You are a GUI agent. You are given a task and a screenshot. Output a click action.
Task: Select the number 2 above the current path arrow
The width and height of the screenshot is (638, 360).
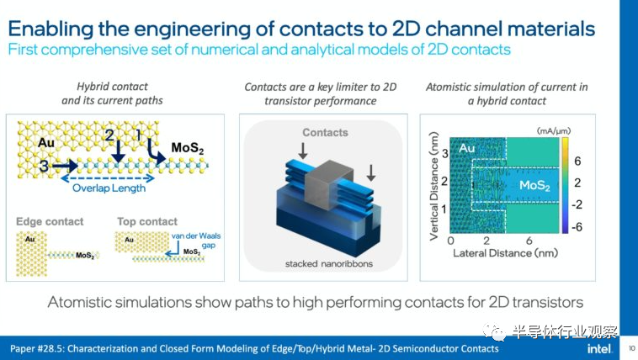(x=109, y=135)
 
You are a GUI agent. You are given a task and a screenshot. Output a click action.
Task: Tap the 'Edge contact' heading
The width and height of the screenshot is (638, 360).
(x=50, y=221)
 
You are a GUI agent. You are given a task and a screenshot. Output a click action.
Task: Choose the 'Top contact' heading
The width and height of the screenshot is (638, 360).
(x=146, y=221)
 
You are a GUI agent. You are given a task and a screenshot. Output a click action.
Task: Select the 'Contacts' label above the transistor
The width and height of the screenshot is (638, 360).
(x=325, y=132)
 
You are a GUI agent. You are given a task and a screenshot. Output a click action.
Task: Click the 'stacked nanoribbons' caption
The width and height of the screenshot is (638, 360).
(x=324, y=264)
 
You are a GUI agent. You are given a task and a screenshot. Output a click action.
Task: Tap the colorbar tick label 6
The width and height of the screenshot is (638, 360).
(x=577, y=160)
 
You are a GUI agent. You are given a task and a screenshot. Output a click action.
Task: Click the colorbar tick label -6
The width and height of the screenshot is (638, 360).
(x=577, y=227)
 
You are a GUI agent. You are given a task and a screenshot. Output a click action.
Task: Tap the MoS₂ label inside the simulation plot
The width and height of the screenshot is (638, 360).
(x=534, y=183)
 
